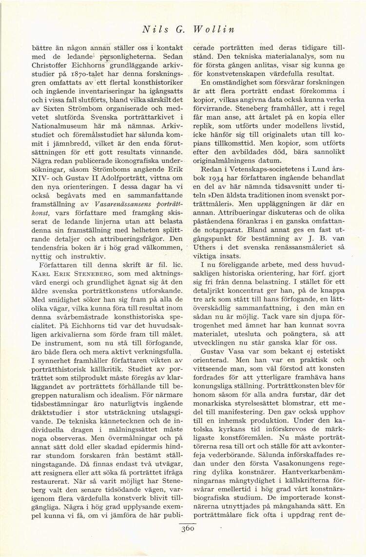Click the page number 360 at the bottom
pos(187,528)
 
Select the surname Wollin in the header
pos(214,29)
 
